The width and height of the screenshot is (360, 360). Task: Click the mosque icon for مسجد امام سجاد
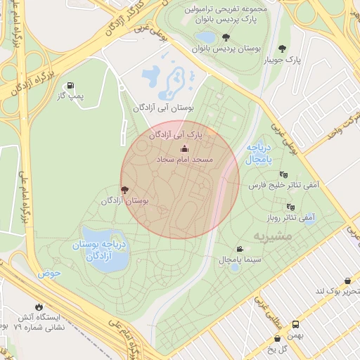point(185,148)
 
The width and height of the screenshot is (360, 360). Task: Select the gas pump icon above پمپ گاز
point(70,85)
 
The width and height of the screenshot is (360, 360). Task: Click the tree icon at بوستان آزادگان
point(125,189)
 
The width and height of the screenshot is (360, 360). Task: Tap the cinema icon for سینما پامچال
point(240,249)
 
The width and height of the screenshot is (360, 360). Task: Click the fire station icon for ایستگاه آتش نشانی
point(39,307)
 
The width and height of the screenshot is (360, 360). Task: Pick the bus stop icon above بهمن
point(296,325)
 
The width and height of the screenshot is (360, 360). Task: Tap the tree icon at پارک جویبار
point(283,49)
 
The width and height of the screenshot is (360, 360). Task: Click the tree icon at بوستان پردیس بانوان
point(225,37)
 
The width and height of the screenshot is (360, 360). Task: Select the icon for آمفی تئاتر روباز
point(290,207)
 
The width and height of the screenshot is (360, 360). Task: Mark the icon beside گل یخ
point(287,339)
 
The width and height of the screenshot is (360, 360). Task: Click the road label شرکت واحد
point(344,127)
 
